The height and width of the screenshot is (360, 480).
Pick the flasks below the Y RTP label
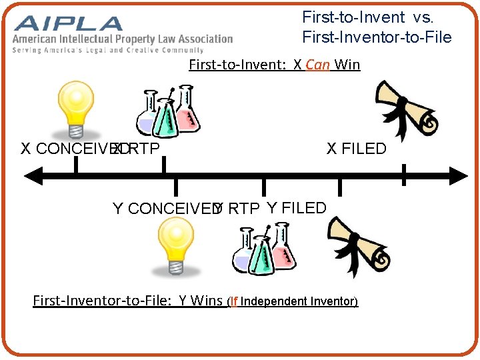pos(264,248)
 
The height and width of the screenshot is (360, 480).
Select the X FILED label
pos(356,149)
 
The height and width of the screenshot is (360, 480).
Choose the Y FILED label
pos(296,208)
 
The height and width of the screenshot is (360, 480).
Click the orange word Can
pos(317,65)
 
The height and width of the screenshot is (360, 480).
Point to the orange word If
pos(234,301)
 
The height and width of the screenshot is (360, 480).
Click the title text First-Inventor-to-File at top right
pos(377,37)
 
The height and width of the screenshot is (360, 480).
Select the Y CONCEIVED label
pos(165,209)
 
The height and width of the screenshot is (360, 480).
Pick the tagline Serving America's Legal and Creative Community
pos(107,50)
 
